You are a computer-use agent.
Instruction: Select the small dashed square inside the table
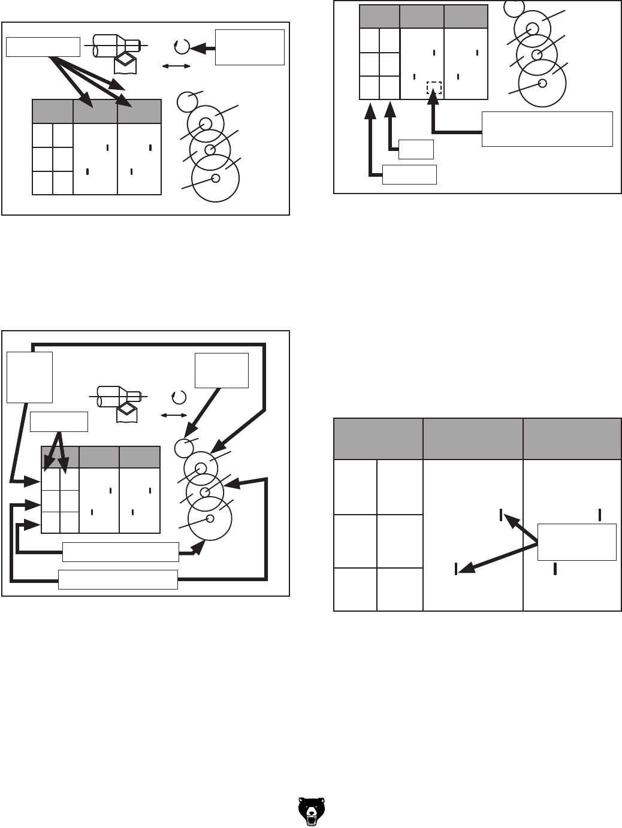point(434,88)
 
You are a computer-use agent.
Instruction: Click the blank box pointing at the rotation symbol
point(249,47)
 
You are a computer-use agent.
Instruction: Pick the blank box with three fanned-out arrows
point(43,46)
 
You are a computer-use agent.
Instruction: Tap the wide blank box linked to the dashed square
point(547,129)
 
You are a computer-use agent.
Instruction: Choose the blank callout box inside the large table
point(577,542)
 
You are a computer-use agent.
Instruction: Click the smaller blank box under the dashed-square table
point(416,149)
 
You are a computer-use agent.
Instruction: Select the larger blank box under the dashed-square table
point(409,174)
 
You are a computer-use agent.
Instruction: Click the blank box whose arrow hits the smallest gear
point(222,370)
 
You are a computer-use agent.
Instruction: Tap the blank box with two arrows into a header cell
point(59,422)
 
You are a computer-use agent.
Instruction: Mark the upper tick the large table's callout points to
point(501,515)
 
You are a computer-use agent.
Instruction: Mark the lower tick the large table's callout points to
point(457,569)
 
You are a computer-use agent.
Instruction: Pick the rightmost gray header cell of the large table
point(572,439)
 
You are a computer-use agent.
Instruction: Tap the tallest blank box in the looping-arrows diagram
point(29,377)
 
